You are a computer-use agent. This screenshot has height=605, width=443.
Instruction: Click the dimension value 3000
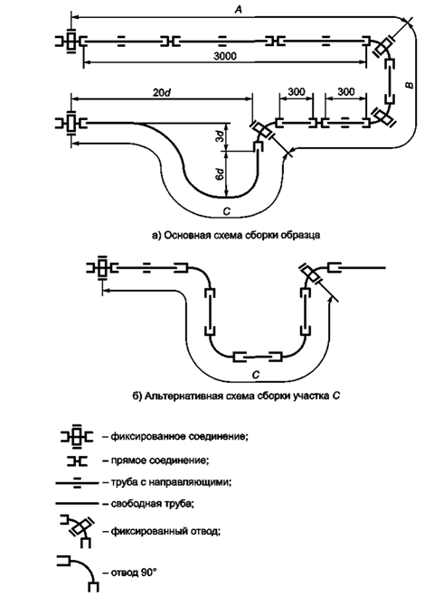click(x=225, y=56)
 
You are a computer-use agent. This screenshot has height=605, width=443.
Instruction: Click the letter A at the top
click(x=239, y=10)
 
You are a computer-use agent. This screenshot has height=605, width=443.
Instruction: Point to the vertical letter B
click(x=410, y=85)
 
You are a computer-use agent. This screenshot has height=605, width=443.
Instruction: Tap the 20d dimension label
click(x=163, y=93)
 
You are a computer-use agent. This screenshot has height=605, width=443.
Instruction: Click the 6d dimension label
click(x=220, y=174)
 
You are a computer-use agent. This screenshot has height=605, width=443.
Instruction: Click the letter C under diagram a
click(x=227, y=211)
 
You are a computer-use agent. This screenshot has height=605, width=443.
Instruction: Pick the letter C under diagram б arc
click(x=256, y=374)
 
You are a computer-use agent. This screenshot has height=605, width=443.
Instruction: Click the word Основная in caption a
click(x=184, y=236)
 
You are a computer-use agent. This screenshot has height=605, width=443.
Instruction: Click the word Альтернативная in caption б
click(x=177, y=396)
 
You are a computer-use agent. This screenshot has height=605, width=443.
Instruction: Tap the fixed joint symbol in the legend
click(x=77, y=437)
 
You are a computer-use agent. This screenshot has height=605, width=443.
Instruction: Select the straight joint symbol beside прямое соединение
click(x=77, y=461)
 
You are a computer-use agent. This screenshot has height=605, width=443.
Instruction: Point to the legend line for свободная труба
click(x=77, y=504)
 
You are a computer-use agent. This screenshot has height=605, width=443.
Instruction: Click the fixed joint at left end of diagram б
click(x=102, y=267)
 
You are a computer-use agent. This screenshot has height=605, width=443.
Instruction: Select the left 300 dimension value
click(x=297, y=92)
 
